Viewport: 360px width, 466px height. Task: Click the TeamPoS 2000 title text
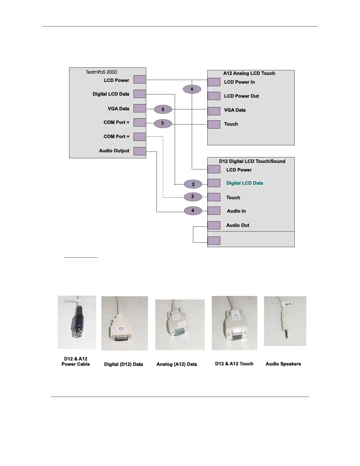pos(101,72)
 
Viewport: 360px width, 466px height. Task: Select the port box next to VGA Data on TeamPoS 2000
pos(140,108)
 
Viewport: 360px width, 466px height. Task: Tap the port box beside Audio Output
pos(140,151)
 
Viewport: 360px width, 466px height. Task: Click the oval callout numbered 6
pos(192,89)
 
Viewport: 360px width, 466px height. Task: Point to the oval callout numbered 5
pos(163,109)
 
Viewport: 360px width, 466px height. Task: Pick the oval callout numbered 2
pos(193,184)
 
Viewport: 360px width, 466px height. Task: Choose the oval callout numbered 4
pos(193,211)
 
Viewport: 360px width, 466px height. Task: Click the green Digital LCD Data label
pos(244,183)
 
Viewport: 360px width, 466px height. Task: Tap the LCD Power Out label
pos(241,96)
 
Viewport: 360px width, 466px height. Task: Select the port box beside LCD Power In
pos(214,82)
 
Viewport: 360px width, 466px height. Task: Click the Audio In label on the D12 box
pos(236,211)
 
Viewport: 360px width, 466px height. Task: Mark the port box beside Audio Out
pos(214,225)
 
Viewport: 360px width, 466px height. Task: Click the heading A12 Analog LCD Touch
pos(249,73)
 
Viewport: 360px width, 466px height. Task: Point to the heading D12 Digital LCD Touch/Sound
pos(252,161)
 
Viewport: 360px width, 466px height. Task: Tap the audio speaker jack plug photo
pos(285,321)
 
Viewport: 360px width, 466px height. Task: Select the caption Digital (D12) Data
pos(124,364)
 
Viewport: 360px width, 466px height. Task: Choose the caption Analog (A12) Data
pos(176,364)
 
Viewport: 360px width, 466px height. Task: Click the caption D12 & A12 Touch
pos(234,364)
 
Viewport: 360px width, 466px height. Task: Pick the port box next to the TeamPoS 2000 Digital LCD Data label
pos(140,94)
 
